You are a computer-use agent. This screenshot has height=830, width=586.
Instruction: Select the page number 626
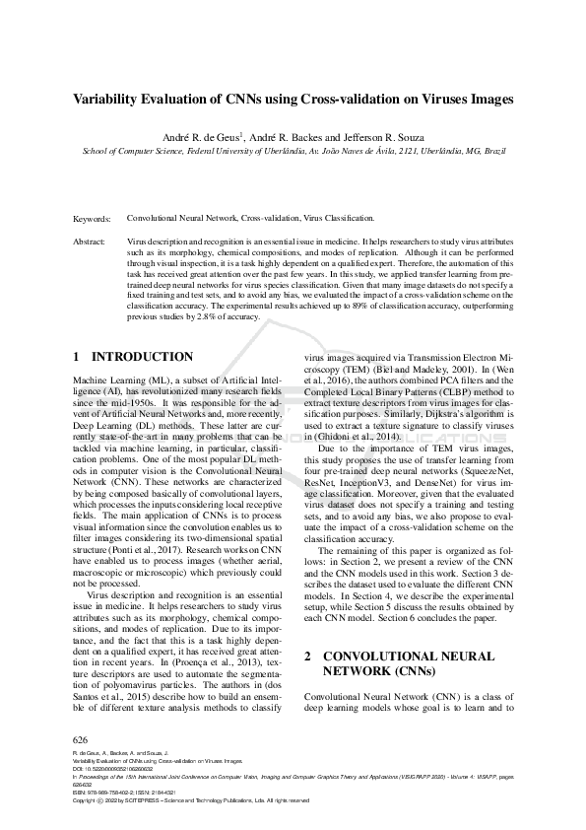pos(82,739)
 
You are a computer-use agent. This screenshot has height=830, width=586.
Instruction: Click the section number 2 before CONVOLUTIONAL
pos(308,656)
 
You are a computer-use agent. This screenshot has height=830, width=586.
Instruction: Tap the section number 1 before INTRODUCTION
pos(78,356)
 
